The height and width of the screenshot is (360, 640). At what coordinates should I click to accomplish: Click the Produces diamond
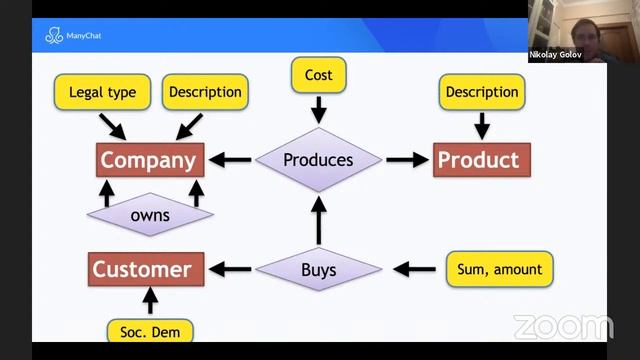coord(318,159)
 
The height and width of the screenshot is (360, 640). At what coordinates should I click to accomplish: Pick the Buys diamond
coord(318,269)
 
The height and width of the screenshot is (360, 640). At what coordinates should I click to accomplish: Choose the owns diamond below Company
coord(150,214)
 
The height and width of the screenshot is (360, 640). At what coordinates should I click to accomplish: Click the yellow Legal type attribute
coord(102,92)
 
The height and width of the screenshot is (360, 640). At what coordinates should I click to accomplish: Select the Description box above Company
coord(205,92)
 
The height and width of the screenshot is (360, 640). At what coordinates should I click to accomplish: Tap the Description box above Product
coord(481,92)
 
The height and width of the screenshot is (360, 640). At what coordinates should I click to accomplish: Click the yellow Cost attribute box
coord(318,75)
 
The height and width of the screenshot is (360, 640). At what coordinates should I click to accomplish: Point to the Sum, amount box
coord(497,269)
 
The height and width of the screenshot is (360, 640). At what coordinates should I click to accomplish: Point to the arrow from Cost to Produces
coord(318,108)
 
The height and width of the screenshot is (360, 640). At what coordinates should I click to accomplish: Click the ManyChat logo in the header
coord(72,37)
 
